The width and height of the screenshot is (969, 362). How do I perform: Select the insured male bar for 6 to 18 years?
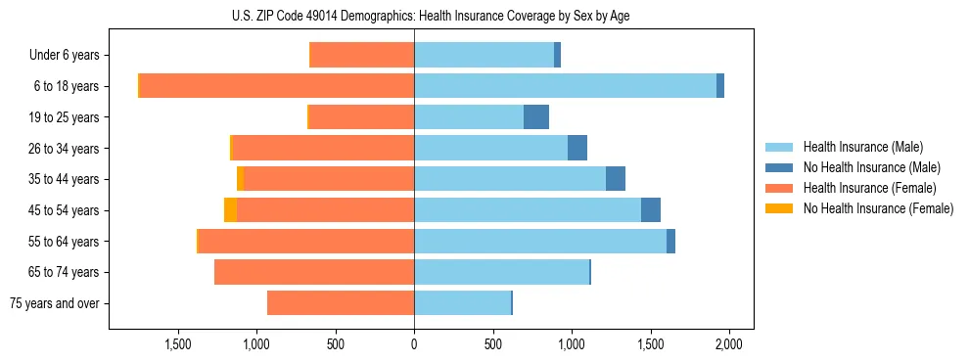[565, 86]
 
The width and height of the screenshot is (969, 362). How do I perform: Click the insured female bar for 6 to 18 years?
[277, 86]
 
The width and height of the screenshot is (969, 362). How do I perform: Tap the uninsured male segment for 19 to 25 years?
[535, 117]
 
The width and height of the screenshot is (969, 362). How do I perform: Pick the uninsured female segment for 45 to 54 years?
[230, 210]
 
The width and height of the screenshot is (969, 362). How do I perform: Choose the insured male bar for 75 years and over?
[462, 303]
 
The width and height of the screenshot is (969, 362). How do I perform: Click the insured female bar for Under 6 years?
[361, 56]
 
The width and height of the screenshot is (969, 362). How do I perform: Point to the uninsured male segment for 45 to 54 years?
[650, 210]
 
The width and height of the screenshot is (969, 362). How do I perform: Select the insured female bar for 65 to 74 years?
[313, 272]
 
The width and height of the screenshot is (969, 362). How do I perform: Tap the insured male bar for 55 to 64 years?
[539, 242]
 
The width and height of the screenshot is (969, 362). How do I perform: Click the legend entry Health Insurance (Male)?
[862, 147]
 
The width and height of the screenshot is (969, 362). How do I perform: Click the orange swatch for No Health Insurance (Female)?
[779, 208]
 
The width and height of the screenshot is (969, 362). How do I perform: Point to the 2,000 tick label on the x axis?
[728, 344]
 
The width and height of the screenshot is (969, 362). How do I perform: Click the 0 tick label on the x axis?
[414, 344]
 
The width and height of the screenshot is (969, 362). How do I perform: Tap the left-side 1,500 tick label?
[178, 344]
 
